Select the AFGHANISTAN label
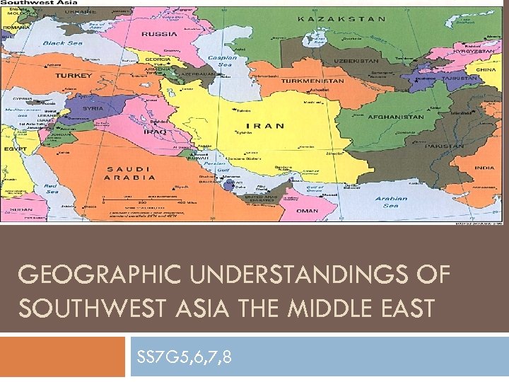click(396, 117)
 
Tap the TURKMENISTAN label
click(313, 81)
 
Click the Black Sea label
click(63, 43)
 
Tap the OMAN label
click(307, 210)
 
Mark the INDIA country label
click(484, 168)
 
